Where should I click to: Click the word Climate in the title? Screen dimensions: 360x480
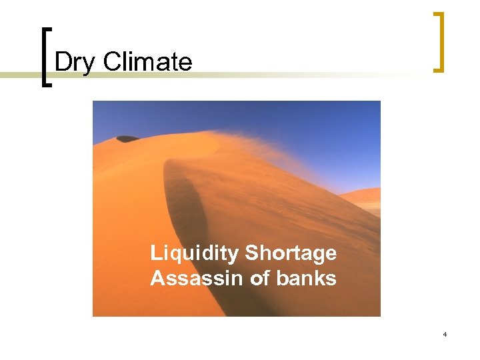click(148, 62)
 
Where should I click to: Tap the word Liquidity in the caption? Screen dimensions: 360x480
click(195, 253)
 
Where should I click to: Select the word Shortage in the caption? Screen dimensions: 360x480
click(291, 253)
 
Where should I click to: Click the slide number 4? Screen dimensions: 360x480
click(444, 334)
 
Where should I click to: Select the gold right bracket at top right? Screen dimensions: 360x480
click(439, 41)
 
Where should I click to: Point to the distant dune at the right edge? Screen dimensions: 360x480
click(365, 195)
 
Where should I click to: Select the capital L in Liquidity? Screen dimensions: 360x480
click(156, 253)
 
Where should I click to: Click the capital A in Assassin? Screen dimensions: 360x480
click(157, 278)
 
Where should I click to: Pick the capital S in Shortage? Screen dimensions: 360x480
click(252, 253)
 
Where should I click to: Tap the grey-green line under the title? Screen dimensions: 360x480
click(267, 74)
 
